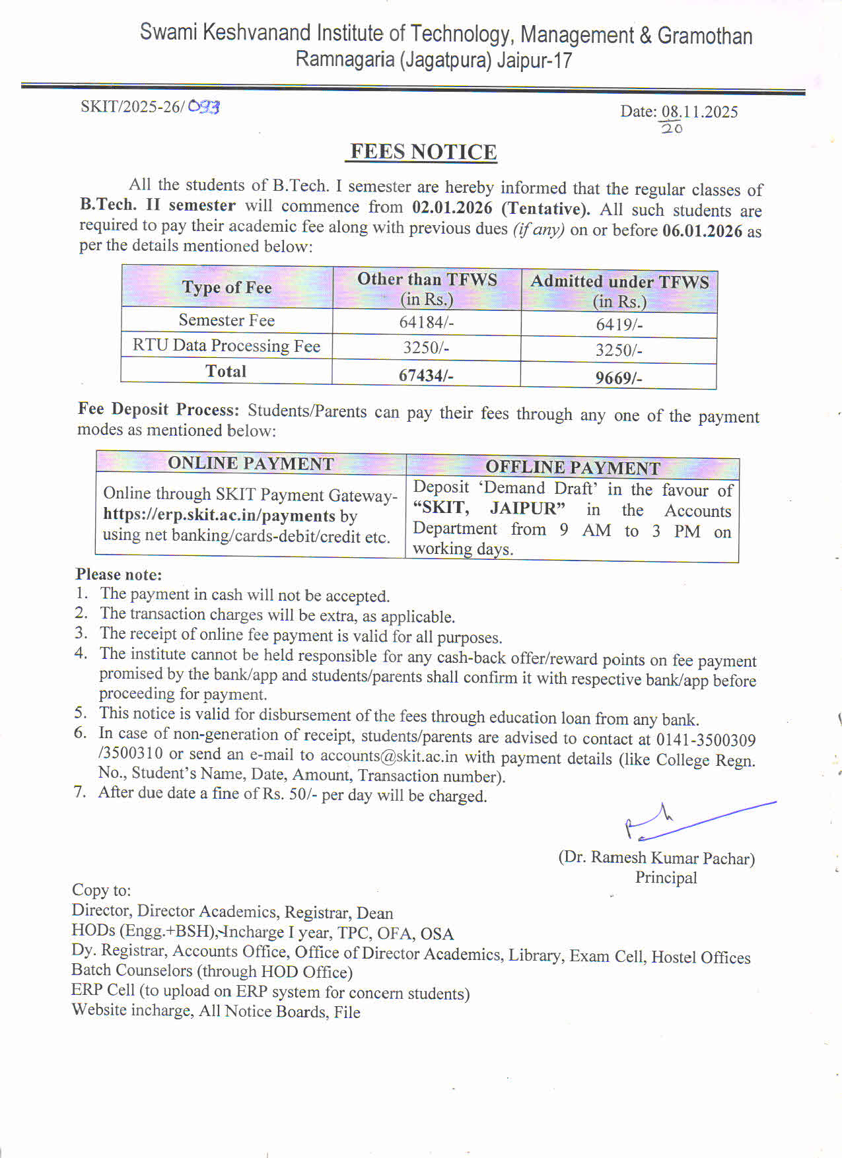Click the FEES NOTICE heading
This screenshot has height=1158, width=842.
(423, 152)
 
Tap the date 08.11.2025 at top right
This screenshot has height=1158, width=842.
(699, 112)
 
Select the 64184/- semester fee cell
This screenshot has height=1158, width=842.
(426, 322)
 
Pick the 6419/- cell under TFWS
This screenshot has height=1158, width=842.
(619, 324)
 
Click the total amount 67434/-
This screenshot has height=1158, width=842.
(425, 375)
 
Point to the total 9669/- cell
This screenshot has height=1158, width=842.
(618, 378)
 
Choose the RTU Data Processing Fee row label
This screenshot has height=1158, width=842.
(227, 346)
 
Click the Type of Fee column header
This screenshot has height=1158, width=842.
(227, 287)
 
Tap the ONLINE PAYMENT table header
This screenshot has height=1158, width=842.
(250, 463)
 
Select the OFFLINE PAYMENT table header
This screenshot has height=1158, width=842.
(573, 467)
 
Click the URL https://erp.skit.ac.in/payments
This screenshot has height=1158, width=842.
(219, 515)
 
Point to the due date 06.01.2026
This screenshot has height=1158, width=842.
(702, 231)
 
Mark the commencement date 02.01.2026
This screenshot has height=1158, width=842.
(452, 208)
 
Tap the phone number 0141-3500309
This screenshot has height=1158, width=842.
(705, 740)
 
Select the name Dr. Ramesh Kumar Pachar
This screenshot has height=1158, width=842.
(656, 858)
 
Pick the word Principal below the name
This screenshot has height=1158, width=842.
(666, 877)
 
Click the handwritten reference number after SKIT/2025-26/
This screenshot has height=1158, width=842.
(203, 106)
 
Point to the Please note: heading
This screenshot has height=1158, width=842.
(119, 574)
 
